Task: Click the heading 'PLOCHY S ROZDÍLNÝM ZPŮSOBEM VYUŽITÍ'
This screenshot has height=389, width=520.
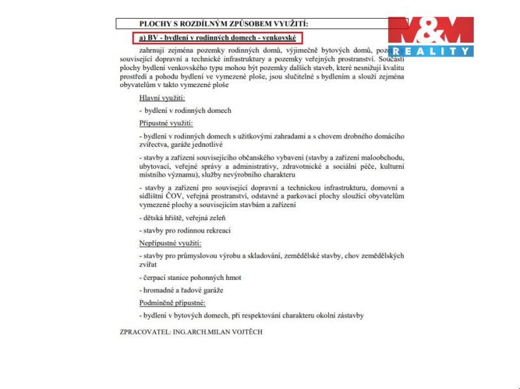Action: point(218,24)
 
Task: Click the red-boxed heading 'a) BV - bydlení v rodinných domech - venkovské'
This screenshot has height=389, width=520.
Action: point(217,38)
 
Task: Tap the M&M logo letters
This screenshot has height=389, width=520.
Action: point(431,31)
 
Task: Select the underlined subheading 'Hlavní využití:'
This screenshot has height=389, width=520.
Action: point(162,97)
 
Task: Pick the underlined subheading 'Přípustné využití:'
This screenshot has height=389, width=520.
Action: point(166,123)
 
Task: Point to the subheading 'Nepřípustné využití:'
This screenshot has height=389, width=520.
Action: point(170,243)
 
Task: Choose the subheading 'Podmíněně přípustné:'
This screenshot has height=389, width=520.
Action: point(172,303)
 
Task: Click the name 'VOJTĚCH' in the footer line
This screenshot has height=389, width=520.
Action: point(246,331)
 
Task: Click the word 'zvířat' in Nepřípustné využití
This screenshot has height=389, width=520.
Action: point(148,265)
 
